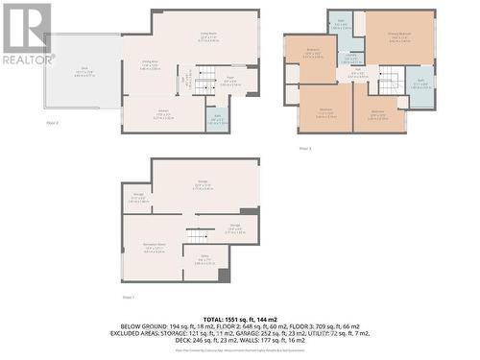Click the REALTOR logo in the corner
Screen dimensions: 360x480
[26, 34]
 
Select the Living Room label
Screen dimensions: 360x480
[205, 36]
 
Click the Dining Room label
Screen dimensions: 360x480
[138, 66]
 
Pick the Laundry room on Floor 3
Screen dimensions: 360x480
[351, 58]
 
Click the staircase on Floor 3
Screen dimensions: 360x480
[388, 84]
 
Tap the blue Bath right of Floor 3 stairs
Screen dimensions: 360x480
[420, 85]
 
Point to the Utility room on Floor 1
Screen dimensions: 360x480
[204, 258]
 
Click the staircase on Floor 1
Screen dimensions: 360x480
[198, 235]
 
